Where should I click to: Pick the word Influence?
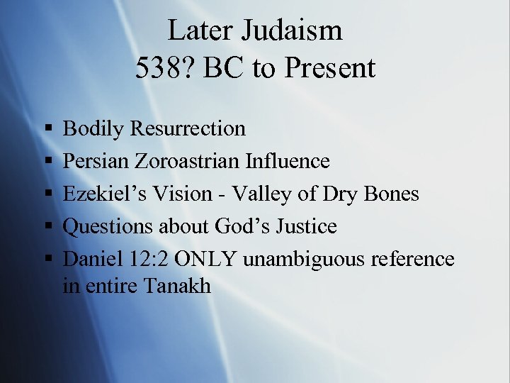pos(288,161)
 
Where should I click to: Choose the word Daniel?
pos(88,259)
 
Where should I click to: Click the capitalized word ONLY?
pos(205,259)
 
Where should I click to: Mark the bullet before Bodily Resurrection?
pos(47,129)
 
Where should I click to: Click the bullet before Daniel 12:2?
pos(47,260)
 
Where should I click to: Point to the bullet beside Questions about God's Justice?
pos(47,227)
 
